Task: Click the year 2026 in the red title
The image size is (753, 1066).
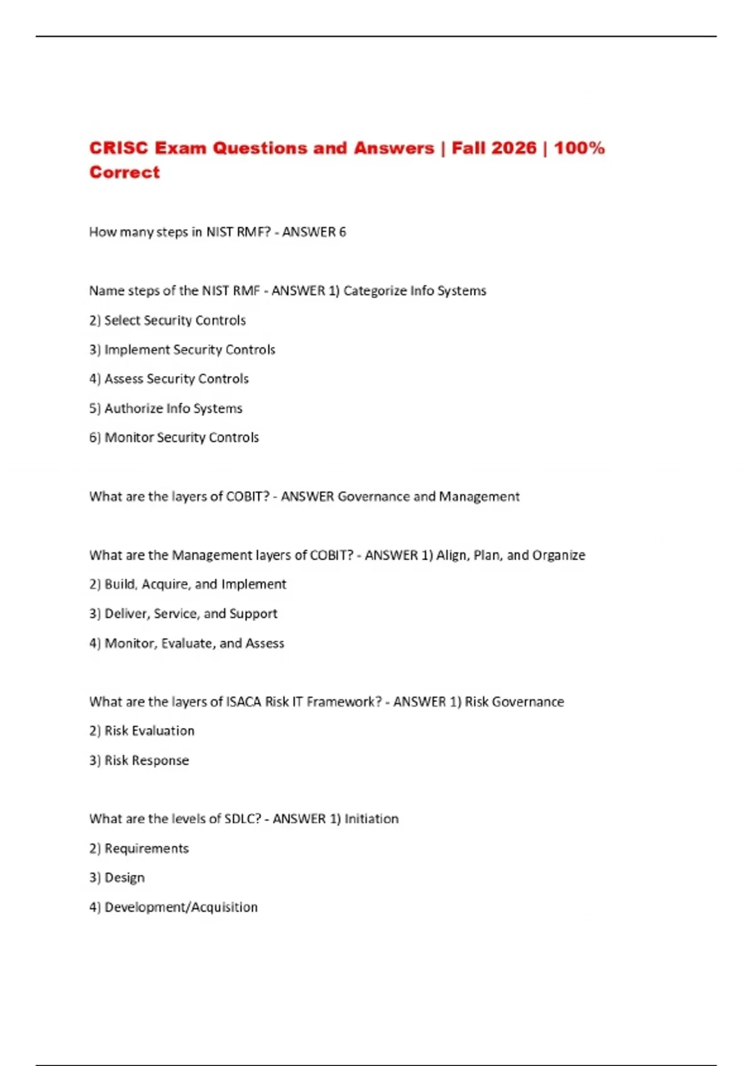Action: [514, 148]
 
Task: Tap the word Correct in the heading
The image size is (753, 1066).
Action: [124, 172]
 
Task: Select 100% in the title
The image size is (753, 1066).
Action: [579, 148]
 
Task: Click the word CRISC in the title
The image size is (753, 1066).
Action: [119, 148]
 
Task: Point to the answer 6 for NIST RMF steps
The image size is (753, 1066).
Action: [342, 232]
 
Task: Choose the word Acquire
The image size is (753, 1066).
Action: [164, 584]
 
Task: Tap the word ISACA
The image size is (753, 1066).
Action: [243, 702]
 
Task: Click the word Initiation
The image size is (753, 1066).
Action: [371, 819]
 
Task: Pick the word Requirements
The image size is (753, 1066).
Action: [146, 848]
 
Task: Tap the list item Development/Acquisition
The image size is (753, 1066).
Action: [181, 907]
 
